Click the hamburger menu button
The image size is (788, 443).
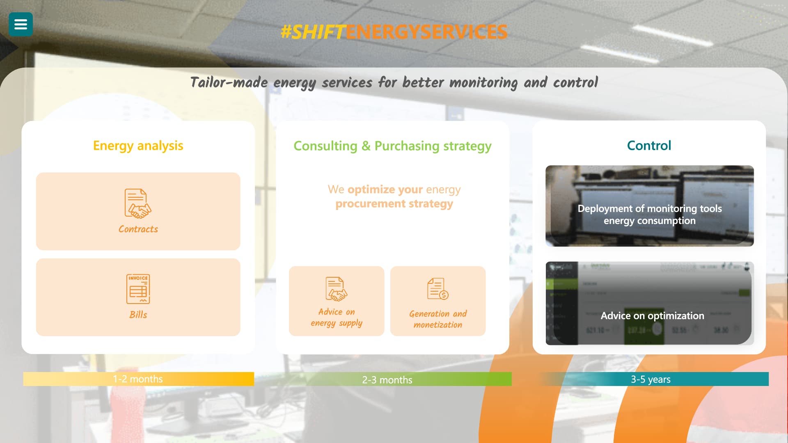(21, 25)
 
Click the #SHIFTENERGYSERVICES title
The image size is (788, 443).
(394, 32)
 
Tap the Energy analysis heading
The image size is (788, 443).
(138, 146)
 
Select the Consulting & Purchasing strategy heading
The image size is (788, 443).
(392, 146)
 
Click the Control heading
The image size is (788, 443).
(649, 146)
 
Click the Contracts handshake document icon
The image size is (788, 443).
(138, 203)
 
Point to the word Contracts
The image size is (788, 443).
(138, 229)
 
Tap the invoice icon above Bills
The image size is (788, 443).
(138, 289)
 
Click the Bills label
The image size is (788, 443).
(138, 315)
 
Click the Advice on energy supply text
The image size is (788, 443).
(337, 317)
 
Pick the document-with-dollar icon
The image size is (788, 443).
(438, 289)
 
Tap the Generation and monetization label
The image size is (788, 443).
(438, 319)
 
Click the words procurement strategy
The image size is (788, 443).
(394, 204)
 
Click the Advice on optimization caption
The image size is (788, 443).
(652, 316)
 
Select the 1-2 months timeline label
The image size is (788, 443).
(138, 379)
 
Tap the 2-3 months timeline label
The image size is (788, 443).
(387, 380)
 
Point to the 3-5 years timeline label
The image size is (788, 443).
(651, 379)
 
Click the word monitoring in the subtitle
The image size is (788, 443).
(483, 83)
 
